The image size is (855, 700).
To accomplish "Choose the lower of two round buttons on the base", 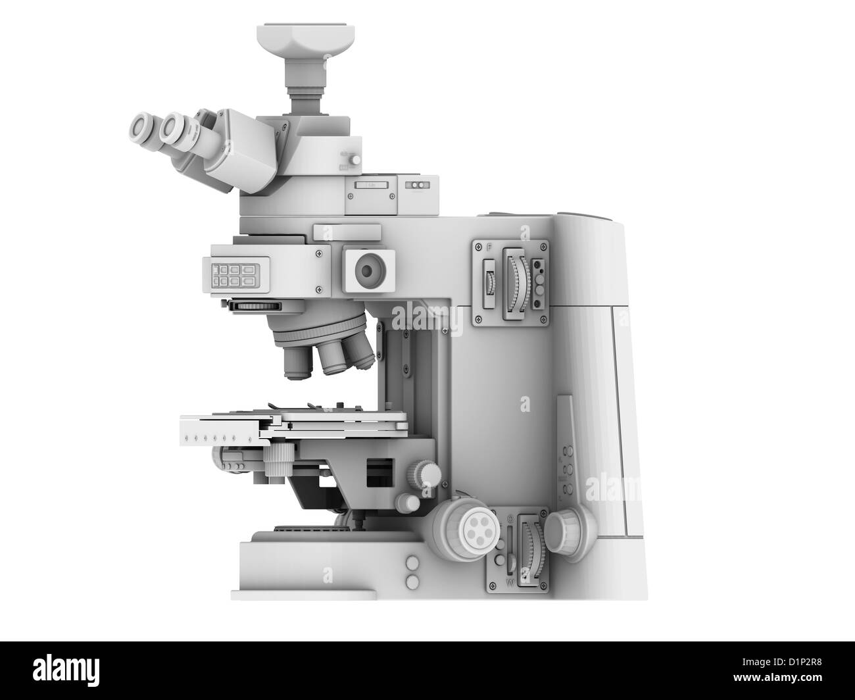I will (x=412, y=580).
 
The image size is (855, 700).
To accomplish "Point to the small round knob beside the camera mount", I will (x=355, y=159).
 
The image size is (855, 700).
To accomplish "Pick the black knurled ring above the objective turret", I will (x=256, y=305).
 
